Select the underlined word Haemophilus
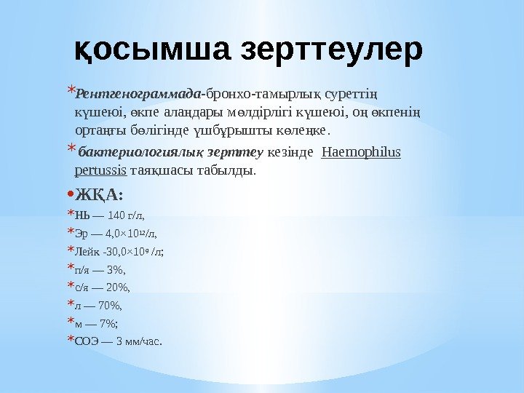(361, 154)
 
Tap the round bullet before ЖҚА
(69, 195)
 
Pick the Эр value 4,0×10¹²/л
(131, 234)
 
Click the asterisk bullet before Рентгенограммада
(70, 92)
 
